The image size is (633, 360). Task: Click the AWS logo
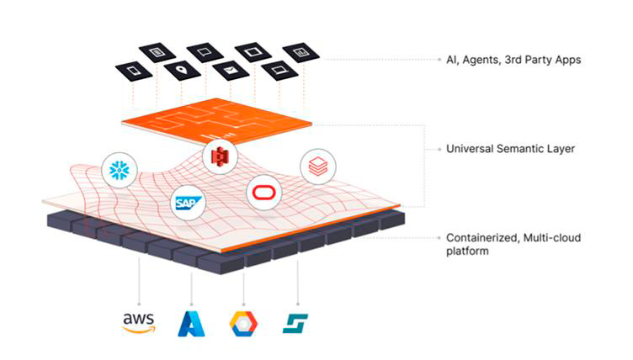click(x=139, y=322)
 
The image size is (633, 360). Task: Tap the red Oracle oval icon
click(x=263, y=193)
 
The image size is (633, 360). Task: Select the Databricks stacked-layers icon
click(x=317, y=166)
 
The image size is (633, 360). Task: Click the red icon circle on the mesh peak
click(x=219, y=155)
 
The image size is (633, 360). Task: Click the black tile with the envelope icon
click(x=229, y=70)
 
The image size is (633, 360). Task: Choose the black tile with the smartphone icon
click(x=133, y=70)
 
